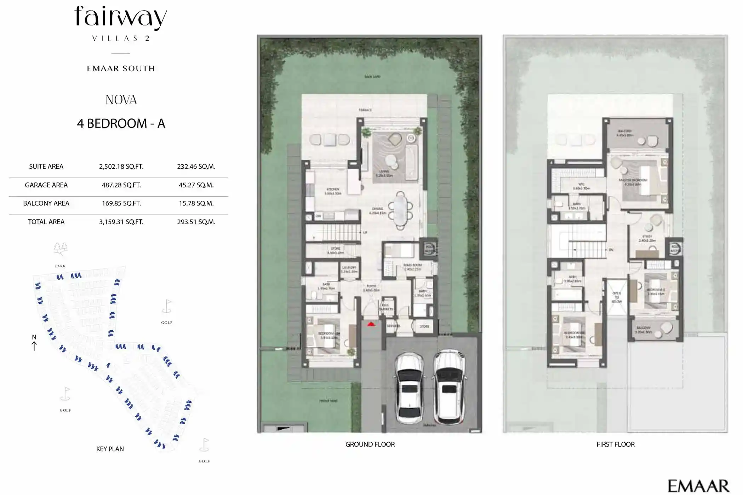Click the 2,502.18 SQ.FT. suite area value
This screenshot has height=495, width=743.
(121, 167)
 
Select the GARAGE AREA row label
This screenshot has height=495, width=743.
(46, 185)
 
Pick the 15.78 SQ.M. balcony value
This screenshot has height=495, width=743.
(196, 203)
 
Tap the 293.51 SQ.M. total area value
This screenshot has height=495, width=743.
(196, 222)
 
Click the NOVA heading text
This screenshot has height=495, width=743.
(121, 100)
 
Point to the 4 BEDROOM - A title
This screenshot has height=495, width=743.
(121, 123)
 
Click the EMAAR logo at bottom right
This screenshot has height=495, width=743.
(698, 486)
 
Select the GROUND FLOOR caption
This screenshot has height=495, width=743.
(370, 444)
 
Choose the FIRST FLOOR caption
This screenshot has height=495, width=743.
(615, 444)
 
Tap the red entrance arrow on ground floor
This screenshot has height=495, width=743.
(371, 324)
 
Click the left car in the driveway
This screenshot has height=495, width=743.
(409, 388)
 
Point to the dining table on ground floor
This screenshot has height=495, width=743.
(400, 210)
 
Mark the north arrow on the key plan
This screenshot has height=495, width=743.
(34, 343)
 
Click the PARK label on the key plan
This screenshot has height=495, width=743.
(60, 266)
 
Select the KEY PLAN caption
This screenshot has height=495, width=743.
(110, 449)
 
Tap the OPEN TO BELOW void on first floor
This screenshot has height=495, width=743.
(617, 297)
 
